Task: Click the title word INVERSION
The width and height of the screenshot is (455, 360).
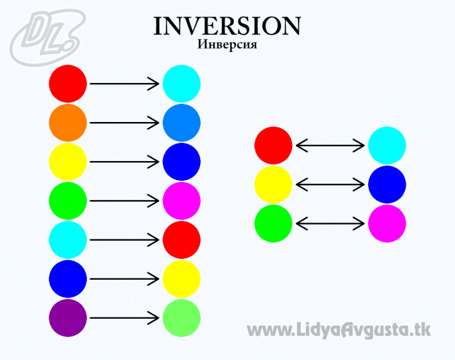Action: point(227,26)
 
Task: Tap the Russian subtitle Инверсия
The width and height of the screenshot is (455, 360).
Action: point(227,44)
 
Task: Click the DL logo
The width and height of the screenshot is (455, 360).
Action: point(47,38)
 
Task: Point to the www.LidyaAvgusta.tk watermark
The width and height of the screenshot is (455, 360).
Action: point(338,330)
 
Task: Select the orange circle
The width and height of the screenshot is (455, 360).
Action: point(68,123)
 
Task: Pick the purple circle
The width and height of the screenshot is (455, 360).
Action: point(68,318)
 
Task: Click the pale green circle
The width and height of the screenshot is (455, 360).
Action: point(181,318)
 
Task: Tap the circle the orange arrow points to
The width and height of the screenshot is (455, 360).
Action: point(181,123)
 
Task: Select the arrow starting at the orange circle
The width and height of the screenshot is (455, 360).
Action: point(125,123)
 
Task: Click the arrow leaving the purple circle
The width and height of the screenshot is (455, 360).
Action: point(125,318)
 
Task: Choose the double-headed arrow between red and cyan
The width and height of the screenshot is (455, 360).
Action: point(330,146)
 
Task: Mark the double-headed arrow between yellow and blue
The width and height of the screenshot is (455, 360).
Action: point(330,185)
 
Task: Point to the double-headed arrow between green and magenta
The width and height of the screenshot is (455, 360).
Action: point(330,224)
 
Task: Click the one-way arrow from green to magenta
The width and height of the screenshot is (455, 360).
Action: point(125,201)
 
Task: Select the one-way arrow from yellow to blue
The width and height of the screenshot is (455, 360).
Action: point(125,162)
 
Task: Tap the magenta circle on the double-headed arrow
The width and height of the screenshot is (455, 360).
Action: point(387,224)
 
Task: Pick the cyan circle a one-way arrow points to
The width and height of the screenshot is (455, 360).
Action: point(181,84)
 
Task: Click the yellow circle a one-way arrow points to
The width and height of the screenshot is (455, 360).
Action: point(181,278)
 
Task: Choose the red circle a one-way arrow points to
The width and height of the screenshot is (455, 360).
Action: point(181,240)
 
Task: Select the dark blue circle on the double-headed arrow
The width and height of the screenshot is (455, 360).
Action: point(387,185)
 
